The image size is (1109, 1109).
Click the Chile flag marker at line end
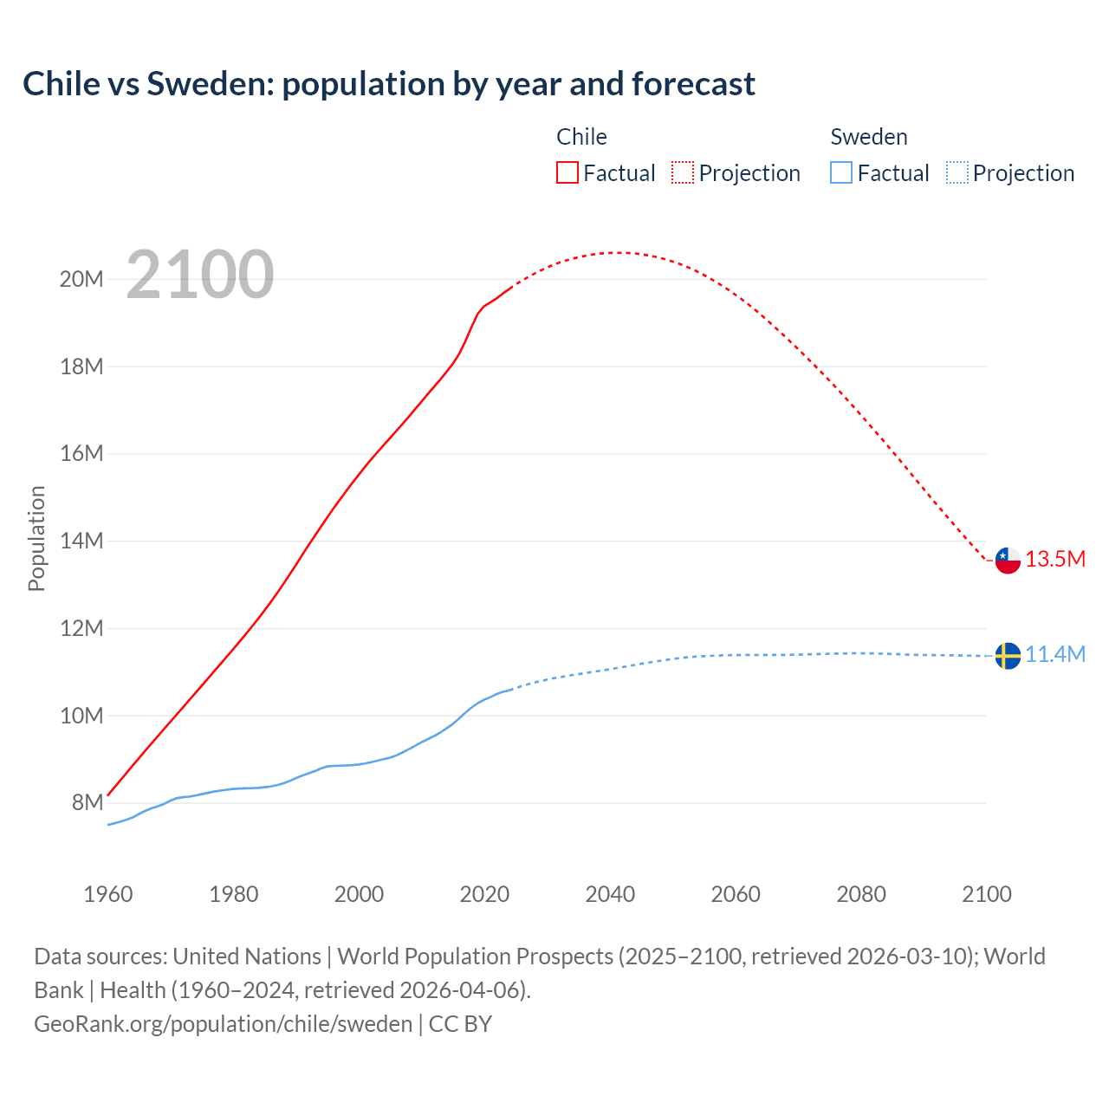coord(1008,561)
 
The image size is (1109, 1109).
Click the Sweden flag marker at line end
coord(1008,656)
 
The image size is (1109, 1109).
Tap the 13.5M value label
coord(1055,559)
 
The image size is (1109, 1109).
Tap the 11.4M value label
coord(1055,654)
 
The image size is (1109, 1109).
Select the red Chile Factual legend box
coord(567,172)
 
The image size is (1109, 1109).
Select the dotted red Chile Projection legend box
coord(683,172)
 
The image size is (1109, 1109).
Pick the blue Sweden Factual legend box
coord(841,172)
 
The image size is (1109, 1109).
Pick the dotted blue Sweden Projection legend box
coord(957,172)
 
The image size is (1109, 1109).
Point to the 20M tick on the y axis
coord(81,279)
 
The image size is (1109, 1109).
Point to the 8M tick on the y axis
coord(88,803)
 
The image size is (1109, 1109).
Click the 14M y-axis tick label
coord(81,542)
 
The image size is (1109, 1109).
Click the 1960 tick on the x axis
coord(108,894)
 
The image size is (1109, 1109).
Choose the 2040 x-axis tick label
coord(610,894)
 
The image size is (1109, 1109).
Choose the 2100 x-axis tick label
coord(986,894)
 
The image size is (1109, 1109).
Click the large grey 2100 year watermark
coord(200,275)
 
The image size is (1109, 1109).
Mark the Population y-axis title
coord(36,539)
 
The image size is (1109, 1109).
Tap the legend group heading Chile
coord(581,137)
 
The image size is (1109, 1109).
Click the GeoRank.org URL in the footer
coord(224,1023)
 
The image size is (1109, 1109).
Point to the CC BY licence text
coord(460,1023)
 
